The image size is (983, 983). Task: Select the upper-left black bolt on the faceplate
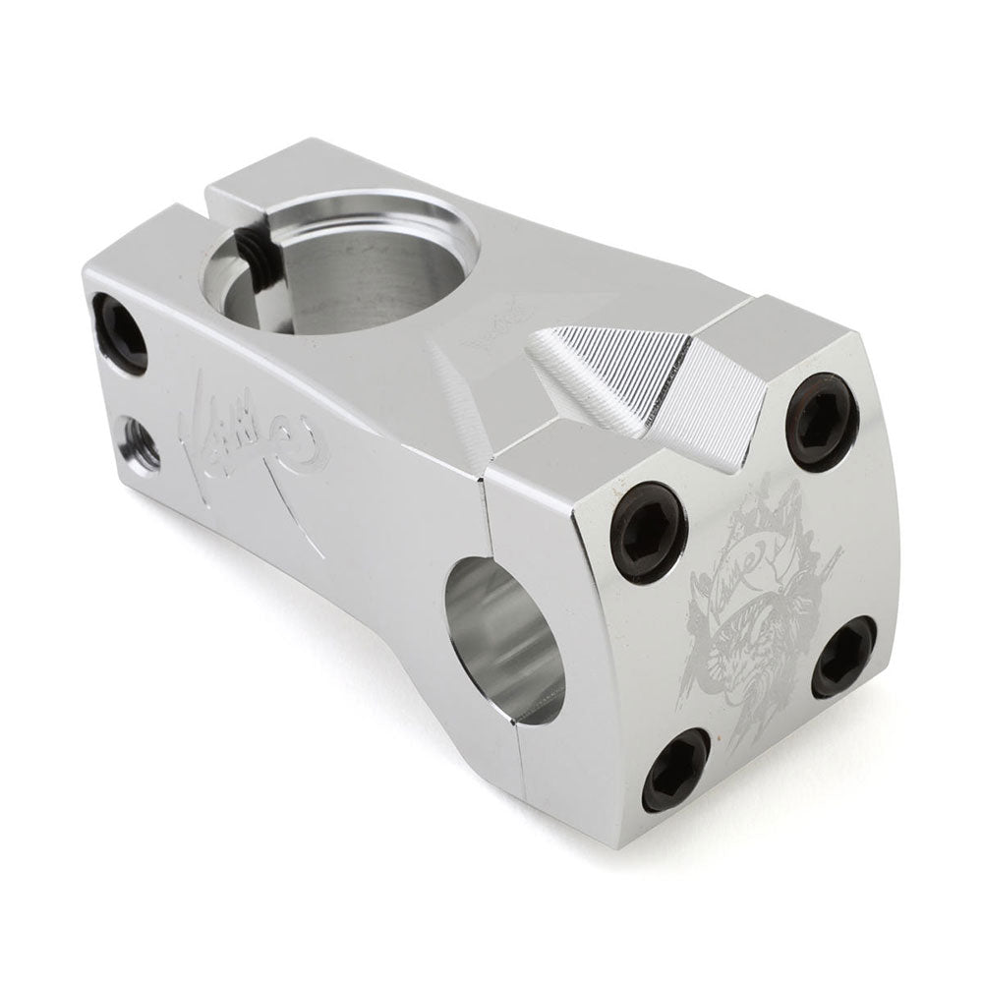pos(648,531)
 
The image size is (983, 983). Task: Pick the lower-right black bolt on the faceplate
pos(843,657)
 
